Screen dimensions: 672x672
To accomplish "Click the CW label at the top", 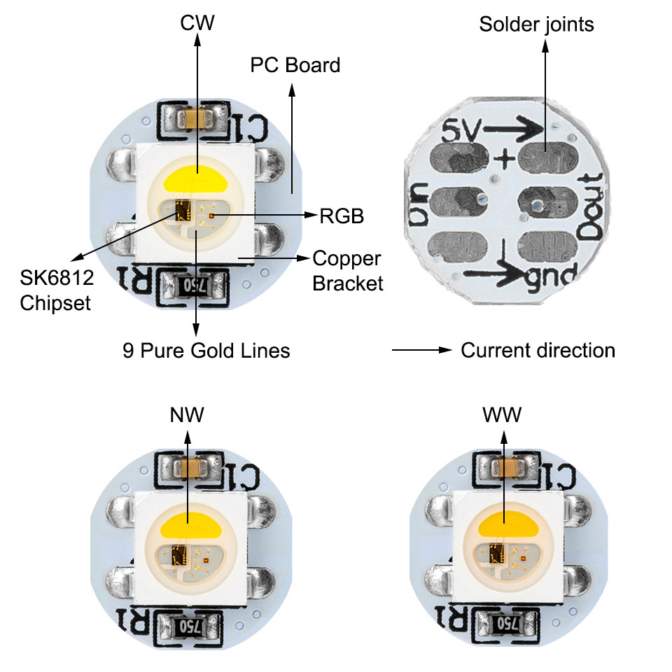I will click(197, 23).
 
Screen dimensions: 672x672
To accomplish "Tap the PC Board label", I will click(295, 65).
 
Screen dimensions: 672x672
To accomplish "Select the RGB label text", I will click(342, 216).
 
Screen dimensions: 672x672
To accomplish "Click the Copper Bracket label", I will click(347, 270).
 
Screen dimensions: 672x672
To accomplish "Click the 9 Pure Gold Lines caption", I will click(206, 350).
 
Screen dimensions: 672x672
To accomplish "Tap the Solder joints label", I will click(536, 24).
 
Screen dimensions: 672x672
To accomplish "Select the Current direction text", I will click(538, 350).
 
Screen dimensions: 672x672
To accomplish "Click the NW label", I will click(187, 415).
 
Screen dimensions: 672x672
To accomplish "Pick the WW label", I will click(502, 415).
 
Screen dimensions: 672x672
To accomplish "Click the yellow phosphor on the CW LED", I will click(197, 181).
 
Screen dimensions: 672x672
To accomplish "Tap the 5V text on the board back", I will click(460, 130).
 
